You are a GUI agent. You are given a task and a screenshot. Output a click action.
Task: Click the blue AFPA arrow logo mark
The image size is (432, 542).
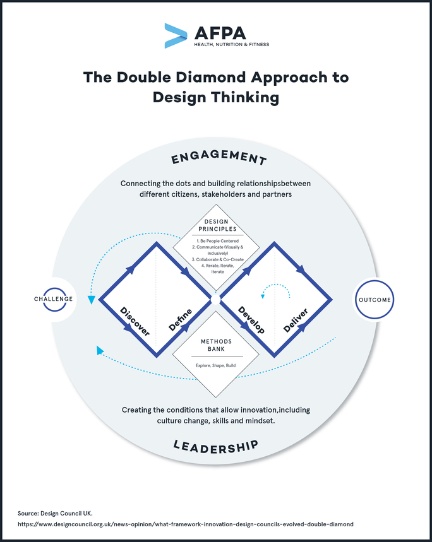pyautogui.click(x=176, y=35)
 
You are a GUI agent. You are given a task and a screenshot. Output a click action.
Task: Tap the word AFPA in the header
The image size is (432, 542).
pyautogui.click(x=220, y=33)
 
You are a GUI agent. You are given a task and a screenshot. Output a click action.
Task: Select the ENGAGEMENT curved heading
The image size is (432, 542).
pyautogui.click(x=219, y=157)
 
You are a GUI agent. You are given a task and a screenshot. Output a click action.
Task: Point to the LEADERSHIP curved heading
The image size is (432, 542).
pyautogui.click(x=216, y=447)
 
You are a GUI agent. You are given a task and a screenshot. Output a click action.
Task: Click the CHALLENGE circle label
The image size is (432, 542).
pyautogui.click(x=53, y=299)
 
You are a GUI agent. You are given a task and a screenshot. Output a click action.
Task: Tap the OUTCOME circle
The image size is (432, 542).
pyautogui.click(x=375, y=300)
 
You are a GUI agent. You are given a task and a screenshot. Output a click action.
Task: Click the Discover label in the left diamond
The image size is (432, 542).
pyautogui.click(x=135, y=321)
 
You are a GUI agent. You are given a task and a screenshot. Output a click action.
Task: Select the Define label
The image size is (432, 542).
pyautogui.click(x=180, y=320)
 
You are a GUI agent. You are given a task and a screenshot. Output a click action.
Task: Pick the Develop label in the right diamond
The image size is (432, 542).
pyautogui.click(x=251, y=320)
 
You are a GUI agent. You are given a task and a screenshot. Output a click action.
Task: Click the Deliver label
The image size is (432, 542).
pyautogui.click(x=296, y=320)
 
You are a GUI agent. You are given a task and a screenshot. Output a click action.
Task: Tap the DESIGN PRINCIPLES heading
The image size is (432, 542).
pyautogui.click(x=217, y=225)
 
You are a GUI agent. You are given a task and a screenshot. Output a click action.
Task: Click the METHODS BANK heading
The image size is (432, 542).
pyautogui.click(x=216, y=345)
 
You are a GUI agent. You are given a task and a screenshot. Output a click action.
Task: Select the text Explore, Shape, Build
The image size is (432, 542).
pyautogui.click(x=215, y=365)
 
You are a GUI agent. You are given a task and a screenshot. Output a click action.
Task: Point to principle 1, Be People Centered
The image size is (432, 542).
pyautogui.click(x=217, y=241)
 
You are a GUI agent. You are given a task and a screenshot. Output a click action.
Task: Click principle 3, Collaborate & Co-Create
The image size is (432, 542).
pyautogui.click(x=217, y=259)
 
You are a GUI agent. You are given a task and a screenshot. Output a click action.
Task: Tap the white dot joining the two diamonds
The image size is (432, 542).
pyautogui.click(x=215, y=300)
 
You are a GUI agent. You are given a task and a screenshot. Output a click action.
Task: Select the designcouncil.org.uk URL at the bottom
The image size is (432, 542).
pyautogui.click(x=186, y=524)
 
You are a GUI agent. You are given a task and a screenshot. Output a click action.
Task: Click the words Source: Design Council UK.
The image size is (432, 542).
pyautogui.click(x=55, y=514)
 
